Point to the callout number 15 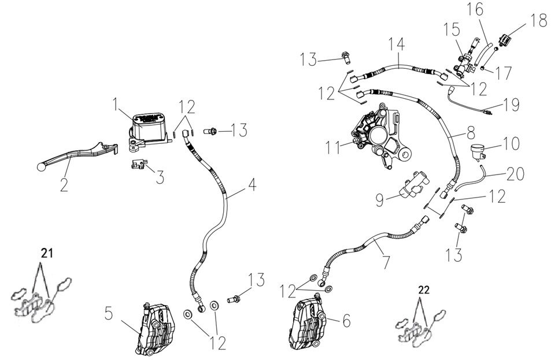point(449,29)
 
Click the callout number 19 point(511,105)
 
